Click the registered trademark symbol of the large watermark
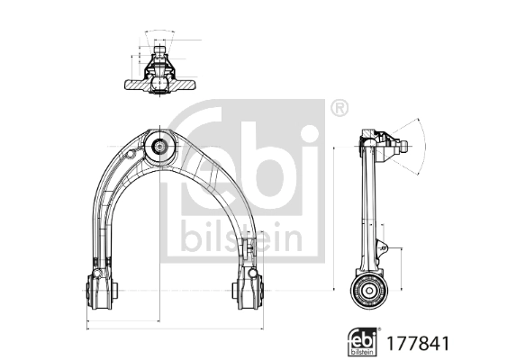pos(338,109)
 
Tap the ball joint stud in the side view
pos(398,143)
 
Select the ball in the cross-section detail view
pos(158,82)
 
